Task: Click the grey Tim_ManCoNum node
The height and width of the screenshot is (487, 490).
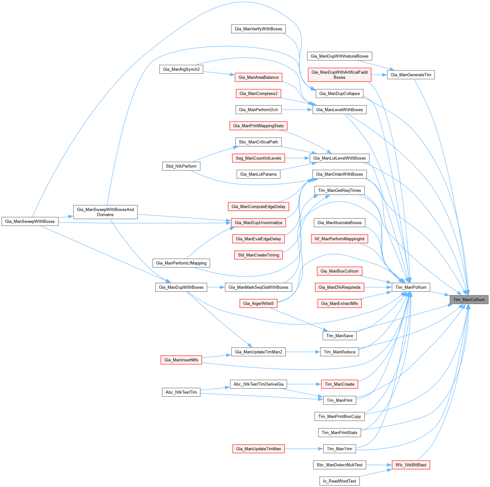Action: tap(469, 300)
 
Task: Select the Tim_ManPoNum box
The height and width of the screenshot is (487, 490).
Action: tap(411, 287)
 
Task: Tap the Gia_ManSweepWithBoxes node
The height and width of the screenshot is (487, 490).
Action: tap(30, 221)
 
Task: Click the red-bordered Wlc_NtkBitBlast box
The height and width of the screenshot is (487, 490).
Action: tap(411, 465)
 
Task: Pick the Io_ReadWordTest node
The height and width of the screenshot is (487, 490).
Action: tap(339, 481)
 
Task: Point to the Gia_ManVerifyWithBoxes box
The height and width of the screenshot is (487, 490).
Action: tap(258, 29)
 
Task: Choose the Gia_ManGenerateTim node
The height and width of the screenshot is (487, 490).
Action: tap(411, 75)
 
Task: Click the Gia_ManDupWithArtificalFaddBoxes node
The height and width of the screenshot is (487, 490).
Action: tap(339, 75)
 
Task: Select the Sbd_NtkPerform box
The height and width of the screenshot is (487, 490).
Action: tap(181, 166)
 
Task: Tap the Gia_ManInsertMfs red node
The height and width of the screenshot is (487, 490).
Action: tap(181, 360)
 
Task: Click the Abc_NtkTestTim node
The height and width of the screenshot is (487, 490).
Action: tap(181, 392)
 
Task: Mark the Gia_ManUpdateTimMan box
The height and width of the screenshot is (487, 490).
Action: tap(258, 449)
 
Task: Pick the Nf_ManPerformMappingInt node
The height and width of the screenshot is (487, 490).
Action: tap(339, 239)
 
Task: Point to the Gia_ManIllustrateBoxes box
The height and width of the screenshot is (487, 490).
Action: tap(339, 222)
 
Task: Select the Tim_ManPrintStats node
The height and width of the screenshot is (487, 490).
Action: tap(339, 432)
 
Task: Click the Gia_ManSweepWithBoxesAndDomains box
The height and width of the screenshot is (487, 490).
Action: tap(105, 212)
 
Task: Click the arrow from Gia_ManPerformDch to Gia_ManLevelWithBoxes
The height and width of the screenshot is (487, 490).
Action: tap(296, 110)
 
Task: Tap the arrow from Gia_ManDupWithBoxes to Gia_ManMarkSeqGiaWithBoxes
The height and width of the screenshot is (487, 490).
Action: tap(216, 287)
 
